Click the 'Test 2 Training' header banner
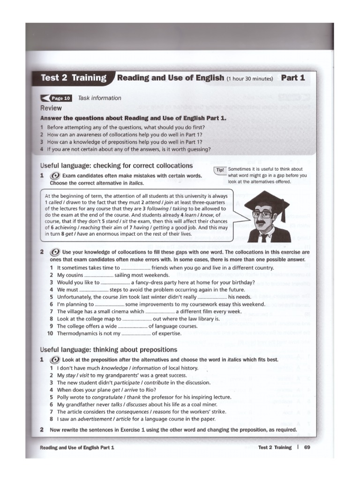point(74,78)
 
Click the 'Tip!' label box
point(220,170)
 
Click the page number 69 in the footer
point(307,447)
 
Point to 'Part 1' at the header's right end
point(293,78)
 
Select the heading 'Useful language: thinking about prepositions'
point(108,350)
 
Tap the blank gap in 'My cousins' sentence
point(99,276)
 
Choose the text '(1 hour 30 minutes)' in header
point(249,79)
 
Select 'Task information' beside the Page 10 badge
point(99,98)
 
